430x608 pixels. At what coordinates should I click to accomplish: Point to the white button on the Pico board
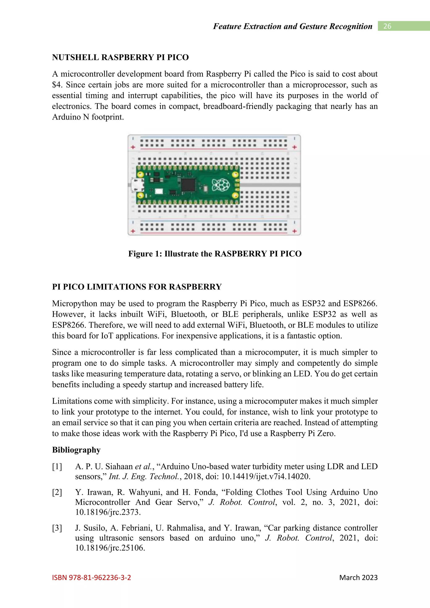tap(159, 192)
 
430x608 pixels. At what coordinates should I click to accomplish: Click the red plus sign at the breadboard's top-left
tap(133, 147)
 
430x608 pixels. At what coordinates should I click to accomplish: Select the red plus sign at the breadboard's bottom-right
tap(294, 231)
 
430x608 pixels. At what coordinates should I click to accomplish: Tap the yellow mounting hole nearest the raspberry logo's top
tap(235, 174)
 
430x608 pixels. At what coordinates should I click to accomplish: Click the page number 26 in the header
tap(387, 26)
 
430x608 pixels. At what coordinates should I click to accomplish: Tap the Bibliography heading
tap(76, 450)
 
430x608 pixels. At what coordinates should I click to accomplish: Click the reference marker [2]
tap(57, 492)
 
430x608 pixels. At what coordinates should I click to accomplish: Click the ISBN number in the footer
tap(92, 578)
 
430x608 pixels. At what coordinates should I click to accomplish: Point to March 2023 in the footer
tap(358, 578)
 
